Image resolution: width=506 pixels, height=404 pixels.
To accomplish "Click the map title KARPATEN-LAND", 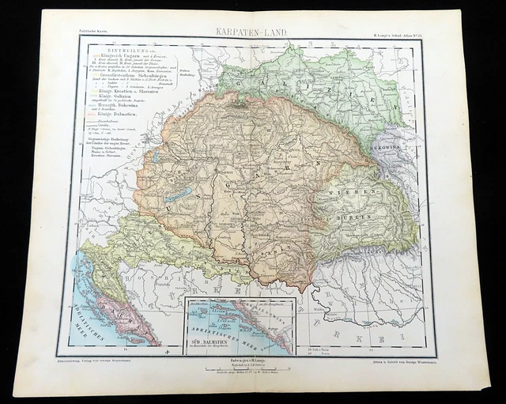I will [252, 34].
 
